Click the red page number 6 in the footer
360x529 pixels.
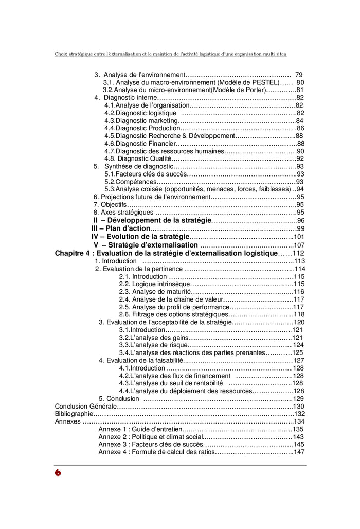pos(58,472)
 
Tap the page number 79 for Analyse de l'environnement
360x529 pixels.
pos(299,75)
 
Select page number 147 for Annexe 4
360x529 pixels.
pos(299,452)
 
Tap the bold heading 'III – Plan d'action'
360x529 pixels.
pos(121,228)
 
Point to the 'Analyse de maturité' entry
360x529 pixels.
pos(154,291)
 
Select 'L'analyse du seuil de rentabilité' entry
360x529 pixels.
pos(171,383)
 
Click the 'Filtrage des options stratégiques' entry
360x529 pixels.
pos(173,314)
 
